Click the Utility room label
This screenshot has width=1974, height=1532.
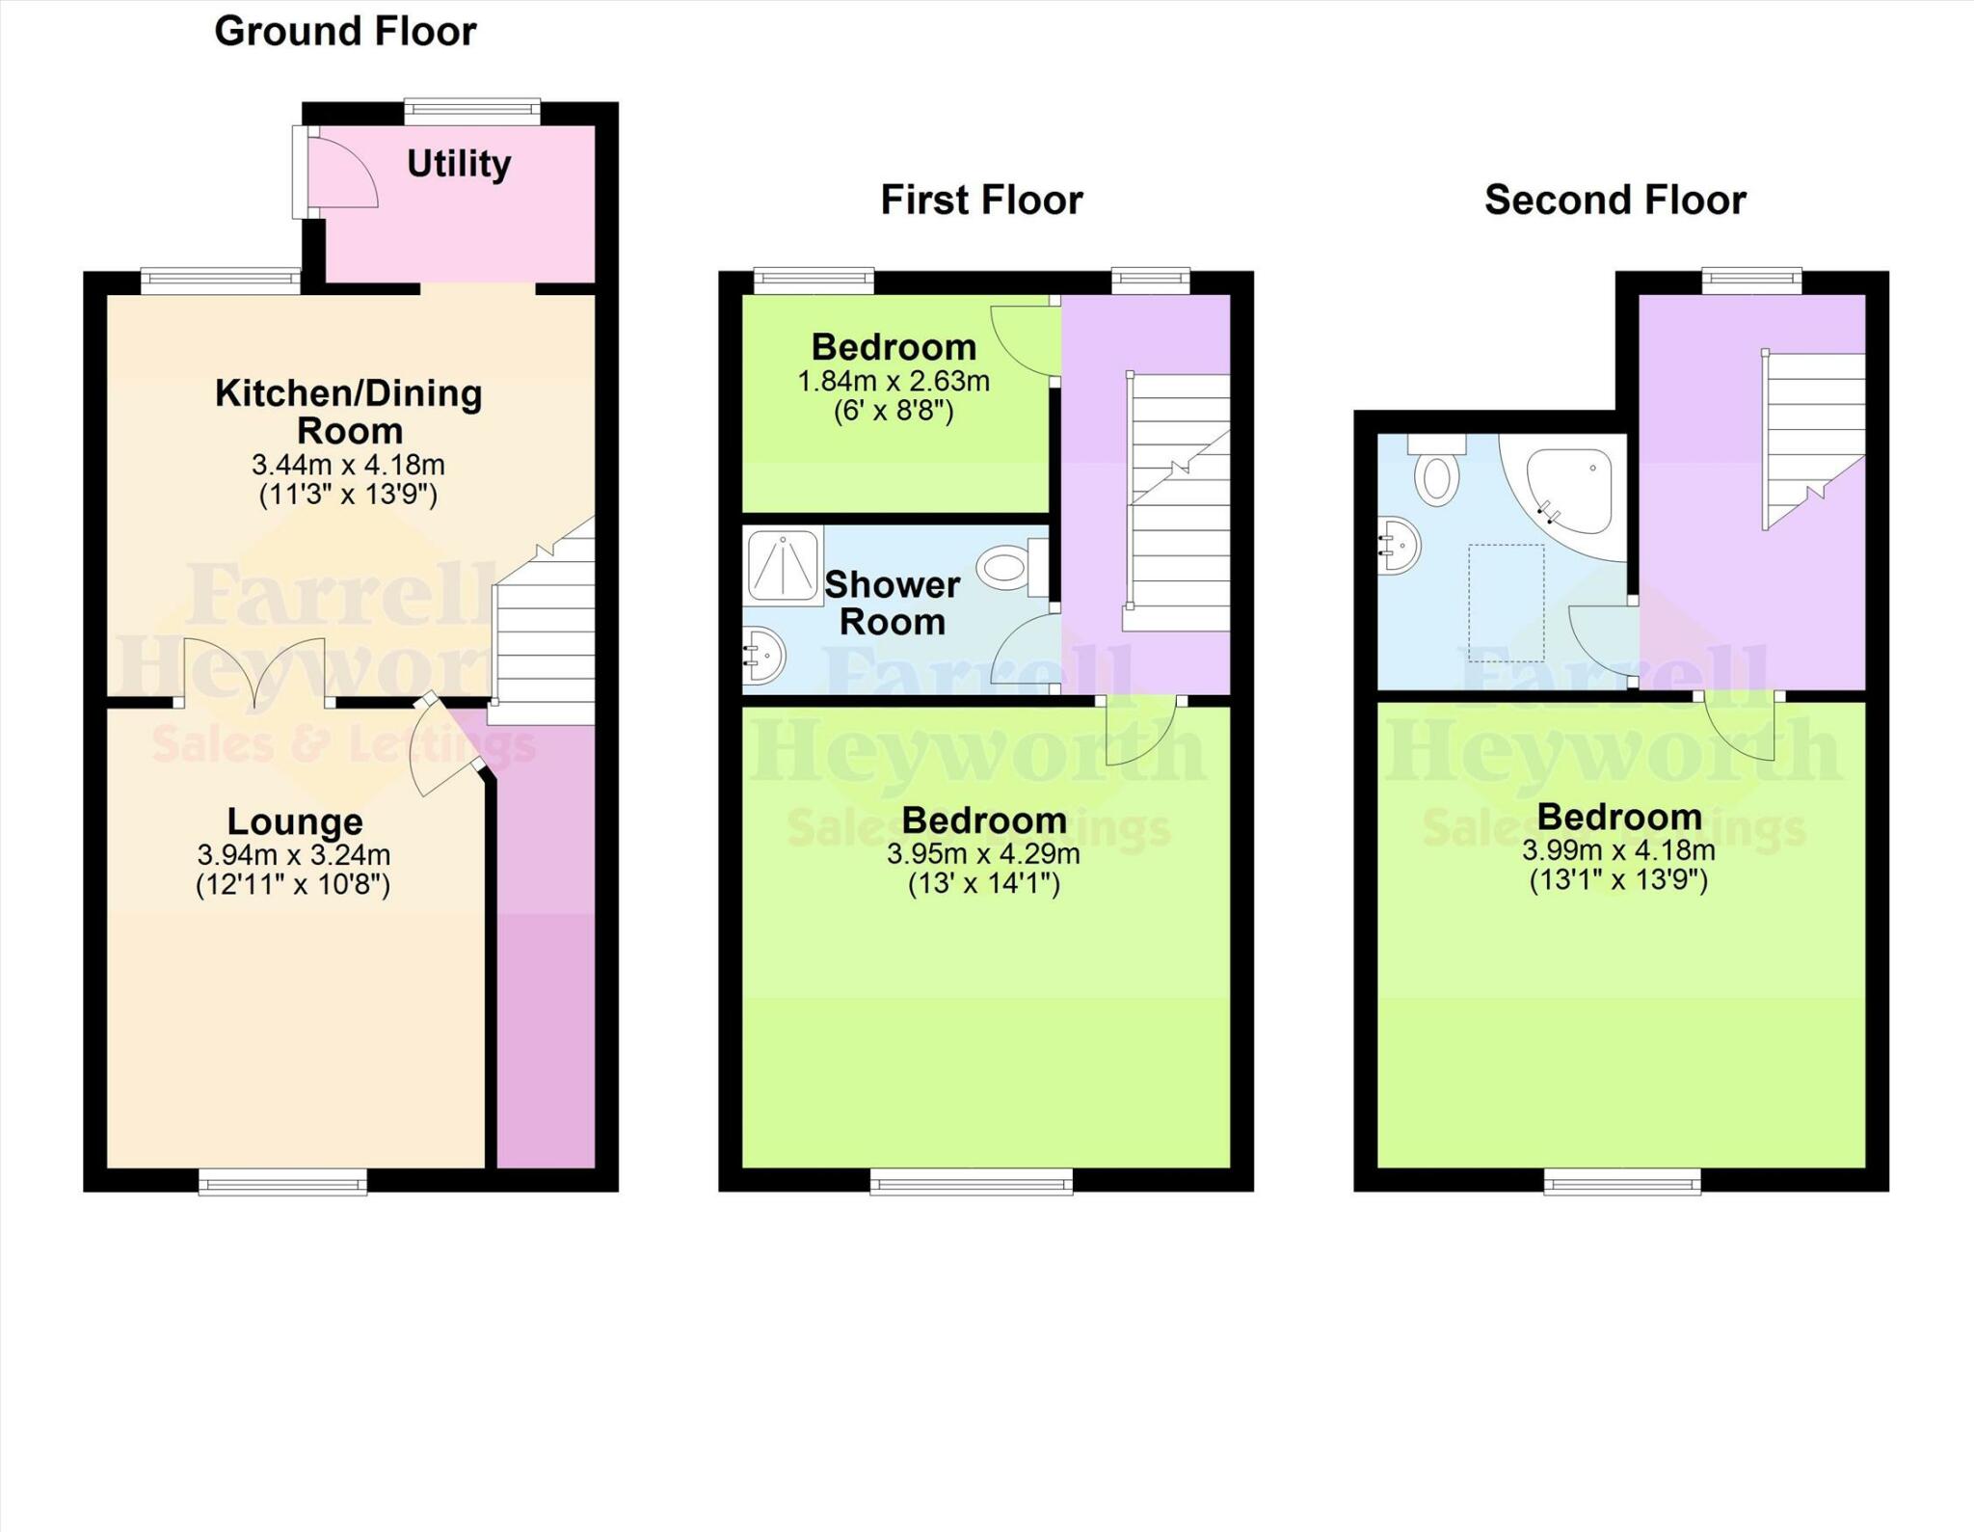[458, 164]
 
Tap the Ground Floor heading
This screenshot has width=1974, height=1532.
[345, 32]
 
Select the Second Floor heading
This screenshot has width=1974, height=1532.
[1614, 201]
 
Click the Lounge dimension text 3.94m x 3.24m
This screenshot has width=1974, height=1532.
[293, 855]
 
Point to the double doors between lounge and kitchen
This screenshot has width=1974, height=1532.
[254, 672]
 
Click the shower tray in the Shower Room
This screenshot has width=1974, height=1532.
[783, 565]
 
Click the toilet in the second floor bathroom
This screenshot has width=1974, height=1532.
[1436, 472]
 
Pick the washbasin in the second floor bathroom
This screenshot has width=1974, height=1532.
[1400, 546]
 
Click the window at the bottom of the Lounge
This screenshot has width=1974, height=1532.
[282, 1181]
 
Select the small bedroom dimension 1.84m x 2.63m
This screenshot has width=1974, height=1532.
[894, 382]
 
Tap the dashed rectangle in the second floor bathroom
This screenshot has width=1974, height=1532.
[1506, 603]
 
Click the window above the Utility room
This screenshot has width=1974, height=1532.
[471, 111]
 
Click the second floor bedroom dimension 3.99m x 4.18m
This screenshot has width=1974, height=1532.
[1618, 851]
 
